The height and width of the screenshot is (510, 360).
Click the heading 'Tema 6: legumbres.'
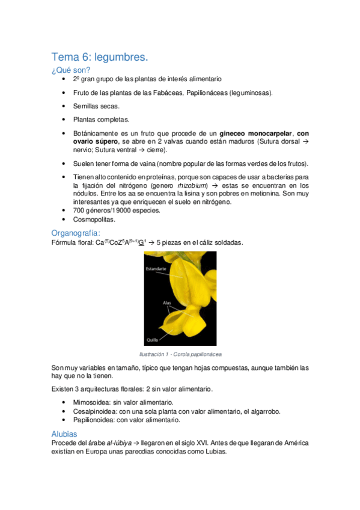99,57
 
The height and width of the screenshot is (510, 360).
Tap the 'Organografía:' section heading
76,233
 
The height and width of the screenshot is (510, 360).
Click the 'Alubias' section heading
64,433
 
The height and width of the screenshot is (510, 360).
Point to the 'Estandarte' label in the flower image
156,269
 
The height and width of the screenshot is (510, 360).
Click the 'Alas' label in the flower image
168,304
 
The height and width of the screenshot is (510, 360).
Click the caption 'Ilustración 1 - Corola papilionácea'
180,354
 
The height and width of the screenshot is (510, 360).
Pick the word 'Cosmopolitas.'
95,220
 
